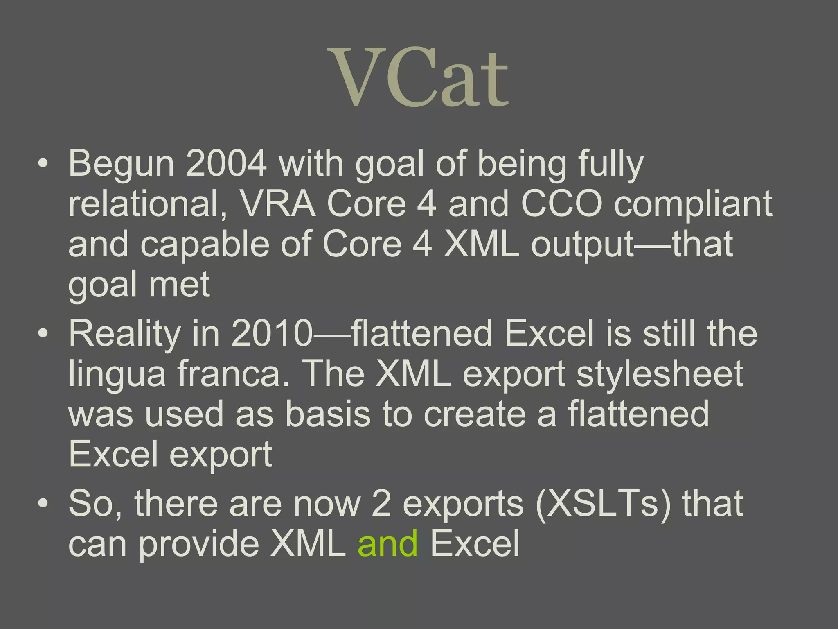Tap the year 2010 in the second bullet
click(x=271, y=334)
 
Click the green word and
click(x=387, y=544)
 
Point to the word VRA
click(x=277, y=204)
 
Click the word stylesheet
click(x=660, y=374)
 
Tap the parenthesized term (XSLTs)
click(x=603, y=504)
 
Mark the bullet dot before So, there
click(x=43, y=504)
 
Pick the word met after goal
click(x=179, y=285)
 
